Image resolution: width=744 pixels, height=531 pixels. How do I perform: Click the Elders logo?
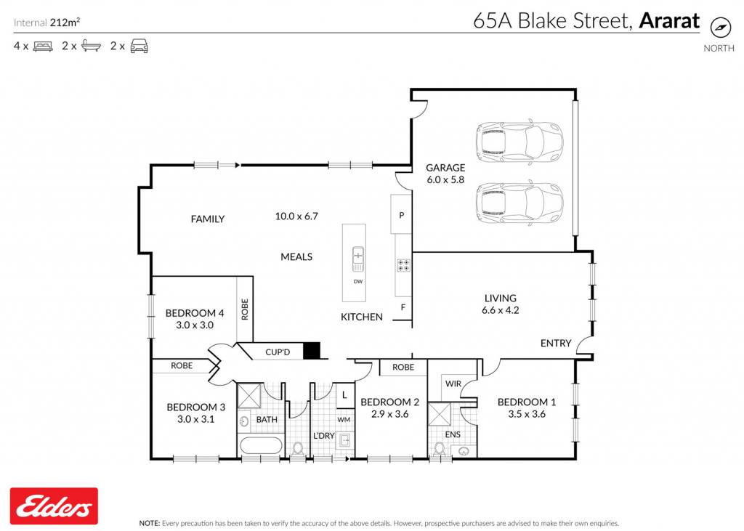click(54, 506)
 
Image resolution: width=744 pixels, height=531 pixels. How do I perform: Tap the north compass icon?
click(720, 27)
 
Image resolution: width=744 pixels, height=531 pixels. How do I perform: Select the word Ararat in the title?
click(669, 21)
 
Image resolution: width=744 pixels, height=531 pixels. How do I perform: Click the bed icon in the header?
click(43, 46)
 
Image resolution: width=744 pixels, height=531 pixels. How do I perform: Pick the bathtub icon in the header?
click(91, 46)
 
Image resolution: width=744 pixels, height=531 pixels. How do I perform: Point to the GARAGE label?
click(445, 168)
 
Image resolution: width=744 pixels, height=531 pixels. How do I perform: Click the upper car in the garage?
click(519, 142)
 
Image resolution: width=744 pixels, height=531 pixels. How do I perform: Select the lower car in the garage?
click(519, 203)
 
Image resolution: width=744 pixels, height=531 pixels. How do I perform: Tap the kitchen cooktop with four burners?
click(404, 265)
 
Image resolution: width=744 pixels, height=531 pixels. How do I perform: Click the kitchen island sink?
click(358, 259)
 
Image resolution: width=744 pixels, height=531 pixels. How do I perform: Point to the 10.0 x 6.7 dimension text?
click(296, 216)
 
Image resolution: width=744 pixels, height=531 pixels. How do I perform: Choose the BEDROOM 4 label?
click(195, 313)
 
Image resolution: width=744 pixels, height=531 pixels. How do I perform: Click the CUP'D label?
click(278, 352)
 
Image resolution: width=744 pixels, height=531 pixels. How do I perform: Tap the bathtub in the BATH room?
click(261, 445)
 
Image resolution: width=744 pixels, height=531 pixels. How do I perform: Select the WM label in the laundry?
click(344, 420)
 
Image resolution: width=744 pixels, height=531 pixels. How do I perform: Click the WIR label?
click(453, 384)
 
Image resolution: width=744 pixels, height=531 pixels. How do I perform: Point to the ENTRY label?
click(556, 343)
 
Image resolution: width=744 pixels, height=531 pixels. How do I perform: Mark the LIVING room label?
click(500, 298)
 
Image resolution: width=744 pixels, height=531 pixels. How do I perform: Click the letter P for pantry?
click(401, 216)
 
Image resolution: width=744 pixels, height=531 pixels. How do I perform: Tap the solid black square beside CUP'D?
click(312, 351)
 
